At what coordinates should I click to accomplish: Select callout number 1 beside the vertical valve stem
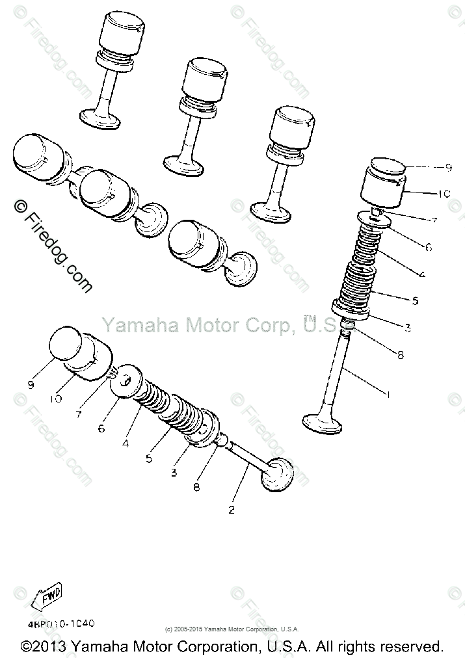tap(388, 393)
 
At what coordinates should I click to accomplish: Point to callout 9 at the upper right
tap(447, 167)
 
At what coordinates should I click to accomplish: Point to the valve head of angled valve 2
tap(276, 476)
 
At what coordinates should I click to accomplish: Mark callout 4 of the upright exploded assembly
tap(422, 274)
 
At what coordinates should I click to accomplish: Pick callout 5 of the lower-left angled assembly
tap(149, 458)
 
